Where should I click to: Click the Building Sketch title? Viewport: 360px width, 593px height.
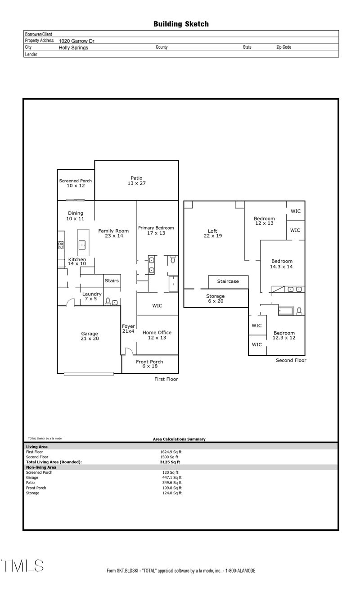(x=181, y=24)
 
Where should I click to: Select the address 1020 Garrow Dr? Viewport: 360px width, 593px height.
(x=76, y=41)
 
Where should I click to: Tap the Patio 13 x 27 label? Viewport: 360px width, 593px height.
(x=136, y=181)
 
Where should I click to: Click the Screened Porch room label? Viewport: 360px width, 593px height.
(x=76, y=183)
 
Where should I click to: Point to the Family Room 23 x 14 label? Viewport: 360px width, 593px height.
(x=113, y=233)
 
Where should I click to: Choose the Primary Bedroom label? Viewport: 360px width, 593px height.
(x=156, y=231)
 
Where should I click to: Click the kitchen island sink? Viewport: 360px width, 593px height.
(x=82, y=245)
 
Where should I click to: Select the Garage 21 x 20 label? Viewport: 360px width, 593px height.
(x=90, y=336)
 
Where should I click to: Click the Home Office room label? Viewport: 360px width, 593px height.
(x=157, y=335)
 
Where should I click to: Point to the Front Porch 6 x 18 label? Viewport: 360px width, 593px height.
(x=150, y=364)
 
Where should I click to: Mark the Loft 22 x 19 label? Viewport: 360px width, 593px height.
(x=212, y=233)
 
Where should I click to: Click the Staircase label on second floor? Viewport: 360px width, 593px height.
(x=228, y=281)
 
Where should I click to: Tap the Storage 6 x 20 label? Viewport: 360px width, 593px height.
(x=215, y=299)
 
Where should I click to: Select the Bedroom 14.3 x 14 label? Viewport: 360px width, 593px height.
(x=282, y=264)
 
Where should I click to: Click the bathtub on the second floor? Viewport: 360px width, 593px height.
(x=286, y=310)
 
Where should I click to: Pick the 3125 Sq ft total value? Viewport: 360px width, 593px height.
(x=171, y=462)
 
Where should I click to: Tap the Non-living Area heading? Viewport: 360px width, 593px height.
(x=41, y=467)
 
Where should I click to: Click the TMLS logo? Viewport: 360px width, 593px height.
(x=22, y=566)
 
